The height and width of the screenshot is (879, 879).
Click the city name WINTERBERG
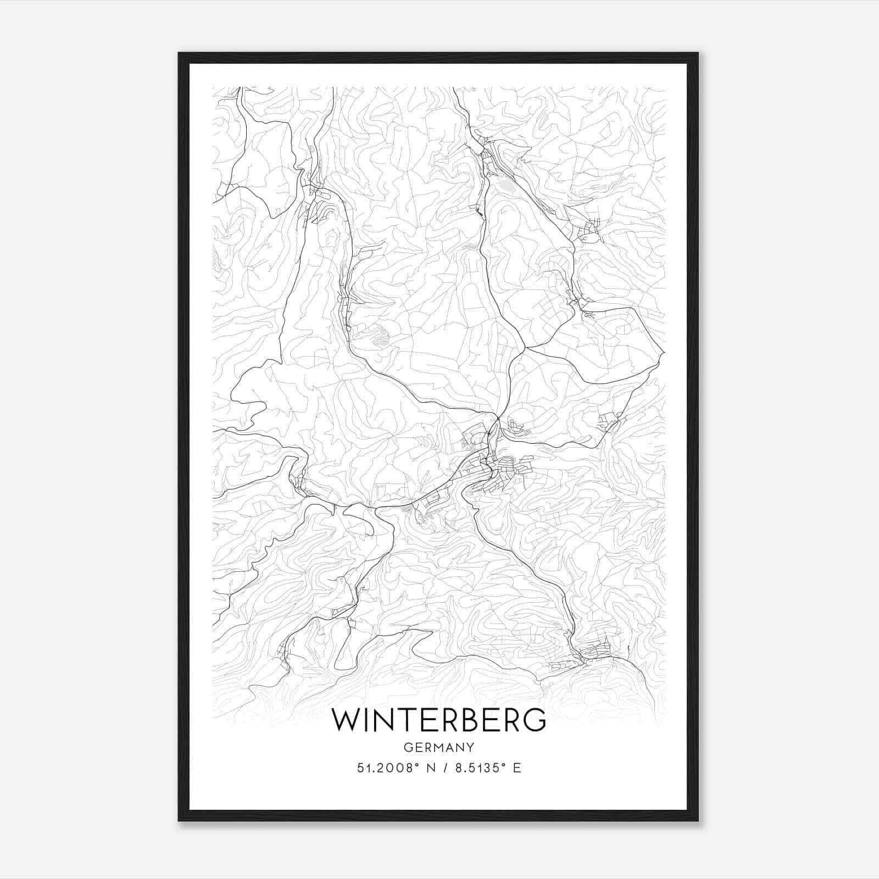click(439, 720)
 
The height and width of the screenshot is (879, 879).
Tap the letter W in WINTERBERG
click(346, 720)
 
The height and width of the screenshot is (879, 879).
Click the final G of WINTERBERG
click(533, 720)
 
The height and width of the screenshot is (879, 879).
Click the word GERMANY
click(439, 747)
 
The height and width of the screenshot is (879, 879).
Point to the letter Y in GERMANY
click(470, 747)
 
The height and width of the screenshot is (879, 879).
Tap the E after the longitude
click(516, 768)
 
